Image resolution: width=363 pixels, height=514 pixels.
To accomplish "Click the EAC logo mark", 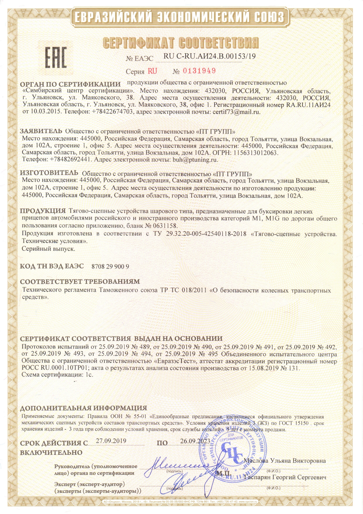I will click(55, 57).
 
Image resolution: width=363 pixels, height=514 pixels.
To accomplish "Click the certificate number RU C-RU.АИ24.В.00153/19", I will click(209, 56).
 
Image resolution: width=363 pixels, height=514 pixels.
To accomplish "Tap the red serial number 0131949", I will click(199, 71).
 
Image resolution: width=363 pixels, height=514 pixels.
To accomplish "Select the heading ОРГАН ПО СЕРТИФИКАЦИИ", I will click(70, 84).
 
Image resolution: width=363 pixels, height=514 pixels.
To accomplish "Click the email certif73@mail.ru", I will click(236, 112).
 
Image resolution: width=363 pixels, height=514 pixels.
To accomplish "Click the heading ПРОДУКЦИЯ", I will click(43, 211).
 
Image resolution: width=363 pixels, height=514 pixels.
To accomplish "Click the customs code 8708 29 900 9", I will click(110, 267).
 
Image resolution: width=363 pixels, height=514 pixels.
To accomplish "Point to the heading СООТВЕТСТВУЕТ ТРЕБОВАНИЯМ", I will click(80, 282).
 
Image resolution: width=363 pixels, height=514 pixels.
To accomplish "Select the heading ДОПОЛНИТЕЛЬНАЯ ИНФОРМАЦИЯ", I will click(83, 408).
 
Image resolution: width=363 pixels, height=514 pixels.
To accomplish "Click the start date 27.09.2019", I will click(111, 441).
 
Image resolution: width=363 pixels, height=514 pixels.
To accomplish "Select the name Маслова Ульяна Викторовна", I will click(285, 461).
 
